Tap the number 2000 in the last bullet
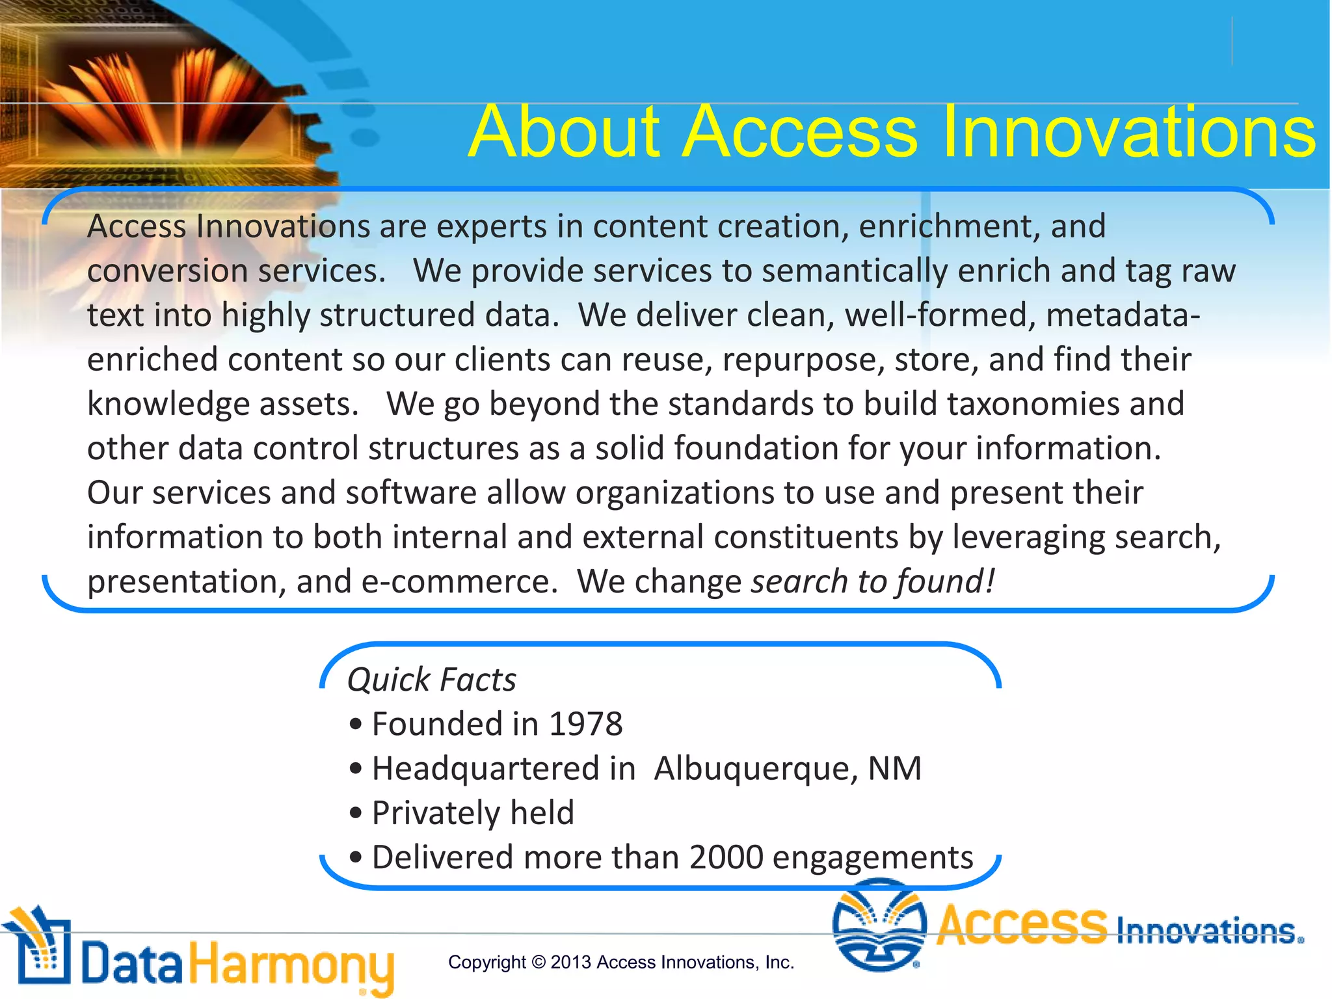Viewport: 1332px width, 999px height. coord(726,857)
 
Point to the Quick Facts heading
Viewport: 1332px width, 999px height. coord(431,680)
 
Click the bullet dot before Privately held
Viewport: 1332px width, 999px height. coord(355,813)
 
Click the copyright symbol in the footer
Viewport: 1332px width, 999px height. coord(538,962)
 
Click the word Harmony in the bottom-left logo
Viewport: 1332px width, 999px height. coord(291,965)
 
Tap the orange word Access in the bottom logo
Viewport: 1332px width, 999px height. coord(1021,925)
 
